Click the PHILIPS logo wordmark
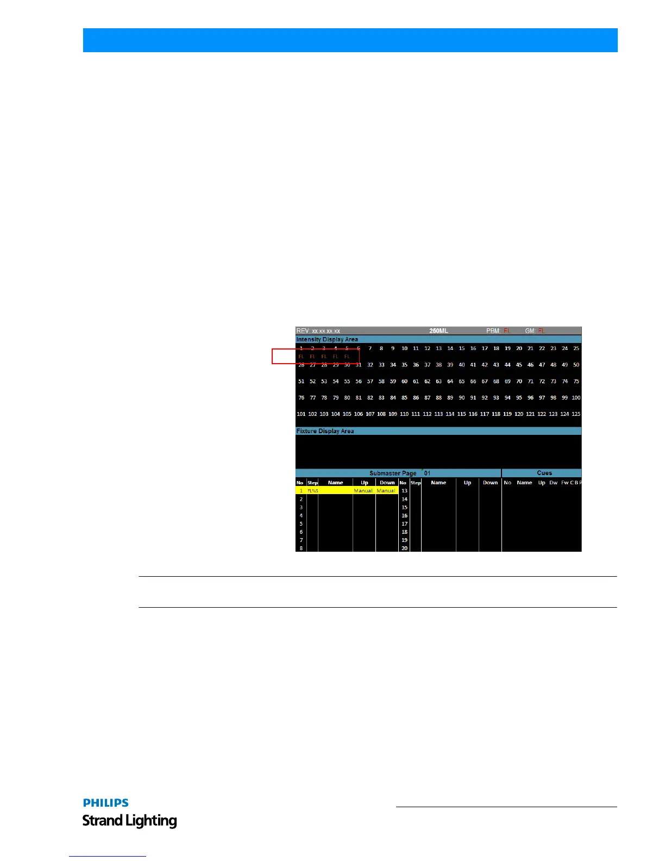[x=106, y=803]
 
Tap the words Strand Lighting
[x=130, y=821]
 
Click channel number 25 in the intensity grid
[x=576, y=348]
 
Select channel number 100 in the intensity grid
[x=576, y=398]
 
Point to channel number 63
[x=438, y=382]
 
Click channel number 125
[x=576, y=414]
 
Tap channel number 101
[x=301, y=414]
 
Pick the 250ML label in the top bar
[x=438, y=331]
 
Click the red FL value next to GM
[x=541, y=331]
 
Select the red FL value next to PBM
[x=507, y=331]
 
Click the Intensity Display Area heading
[x=327, y=340]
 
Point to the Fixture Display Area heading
[x=325, y=431]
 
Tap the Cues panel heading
[x=544, y=473]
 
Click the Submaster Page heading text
[x=393, y=473]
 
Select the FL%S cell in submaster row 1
[x=312, y=491]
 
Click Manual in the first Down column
[x=386, y=491]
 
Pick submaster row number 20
[x=404, y=548]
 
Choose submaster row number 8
[x=301, y=548]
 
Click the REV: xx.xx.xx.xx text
[x=318, y=331]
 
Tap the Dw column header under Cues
[x=553, y=483]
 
